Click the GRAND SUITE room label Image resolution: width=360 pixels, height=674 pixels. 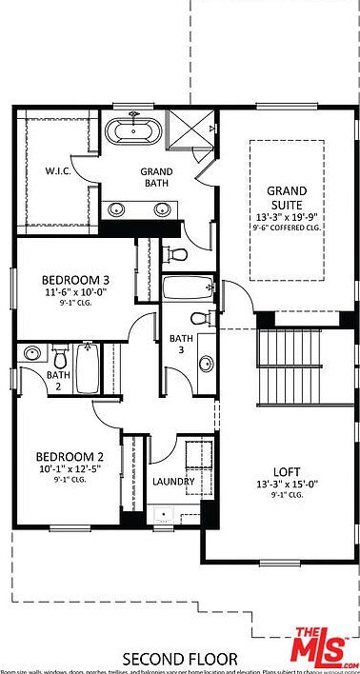[285, 197]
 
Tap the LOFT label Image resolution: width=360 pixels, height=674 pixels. [286, 470]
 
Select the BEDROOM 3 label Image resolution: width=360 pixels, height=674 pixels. [74, 281]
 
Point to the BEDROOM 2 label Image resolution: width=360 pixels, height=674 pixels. [69, 456]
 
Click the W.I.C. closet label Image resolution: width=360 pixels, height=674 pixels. [60, 172]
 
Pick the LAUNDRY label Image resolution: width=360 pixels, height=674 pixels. [173, 482]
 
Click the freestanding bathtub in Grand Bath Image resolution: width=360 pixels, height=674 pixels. [132, 131]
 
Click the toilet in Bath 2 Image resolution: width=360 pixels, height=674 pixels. [60, 358]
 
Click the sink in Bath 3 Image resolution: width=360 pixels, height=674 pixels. [206, 363]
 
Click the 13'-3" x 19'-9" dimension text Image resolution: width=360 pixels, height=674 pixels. [285, 216]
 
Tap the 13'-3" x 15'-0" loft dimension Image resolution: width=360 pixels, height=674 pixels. [286, 484]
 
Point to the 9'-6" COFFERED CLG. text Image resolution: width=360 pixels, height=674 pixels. [285, 228]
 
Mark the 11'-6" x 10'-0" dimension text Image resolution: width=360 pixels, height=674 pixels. [74, 293]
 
